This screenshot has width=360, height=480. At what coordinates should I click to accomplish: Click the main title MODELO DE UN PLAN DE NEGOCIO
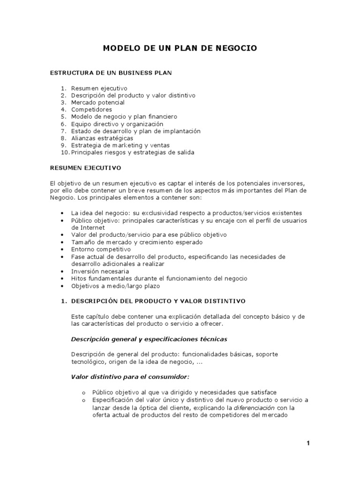pos(180,48)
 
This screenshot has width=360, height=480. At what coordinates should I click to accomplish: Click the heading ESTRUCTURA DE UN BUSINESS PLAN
pos(111,73)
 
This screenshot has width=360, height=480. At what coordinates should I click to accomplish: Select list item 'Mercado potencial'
pos(97,102)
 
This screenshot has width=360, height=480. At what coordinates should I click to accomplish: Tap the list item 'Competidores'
pos(91,109)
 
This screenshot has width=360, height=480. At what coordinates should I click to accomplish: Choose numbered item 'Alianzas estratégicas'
pos(102,138)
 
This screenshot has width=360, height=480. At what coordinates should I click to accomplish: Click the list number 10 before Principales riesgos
pos(65,152)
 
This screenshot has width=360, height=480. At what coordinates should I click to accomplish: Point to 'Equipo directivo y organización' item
pos(117,124)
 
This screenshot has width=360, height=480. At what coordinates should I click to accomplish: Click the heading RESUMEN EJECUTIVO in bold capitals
pos(86,167)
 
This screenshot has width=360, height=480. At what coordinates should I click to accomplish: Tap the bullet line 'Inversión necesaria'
pos(100,271)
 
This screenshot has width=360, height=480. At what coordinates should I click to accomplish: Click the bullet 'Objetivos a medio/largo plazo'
pos(115,285)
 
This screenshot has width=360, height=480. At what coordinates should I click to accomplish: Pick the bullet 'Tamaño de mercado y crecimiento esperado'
pos(137,242)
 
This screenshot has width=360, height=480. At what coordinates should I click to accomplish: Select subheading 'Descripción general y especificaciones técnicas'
pos(149,339)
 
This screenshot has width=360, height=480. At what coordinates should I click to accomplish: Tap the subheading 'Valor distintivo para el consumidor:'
pos(130,377)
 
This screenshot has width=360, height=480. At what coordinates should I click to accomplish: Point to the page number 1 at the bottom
pos(308,443)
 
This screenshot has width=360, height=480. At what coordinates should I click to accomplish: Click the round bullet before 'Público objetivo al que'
pos(83,393)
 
